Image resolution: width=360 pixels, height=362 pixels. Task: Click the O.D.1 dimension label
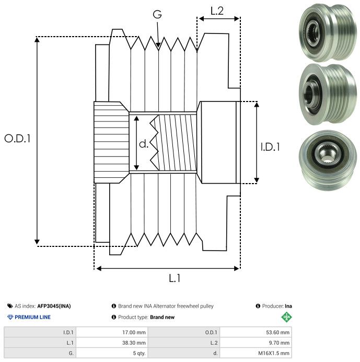(x=18, y=139)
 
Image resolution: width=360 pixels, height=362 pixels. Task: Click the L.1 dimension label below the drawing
(x=175, y=279)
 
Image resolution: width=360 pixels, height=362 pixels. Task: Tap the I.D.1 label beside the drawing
(x=270, y=148)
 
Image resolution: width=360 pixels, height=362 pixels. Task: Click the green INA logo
(x=286, y=317)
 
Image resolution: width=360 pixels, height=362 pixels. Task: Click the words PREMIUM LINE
(x=32, y=317)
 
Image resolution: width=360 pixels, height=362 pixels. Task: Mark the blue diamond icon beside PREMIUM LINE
(x=10, y=317)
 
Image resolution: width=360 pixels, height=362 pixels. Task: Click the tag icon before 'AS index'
(x=10, y=306)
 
